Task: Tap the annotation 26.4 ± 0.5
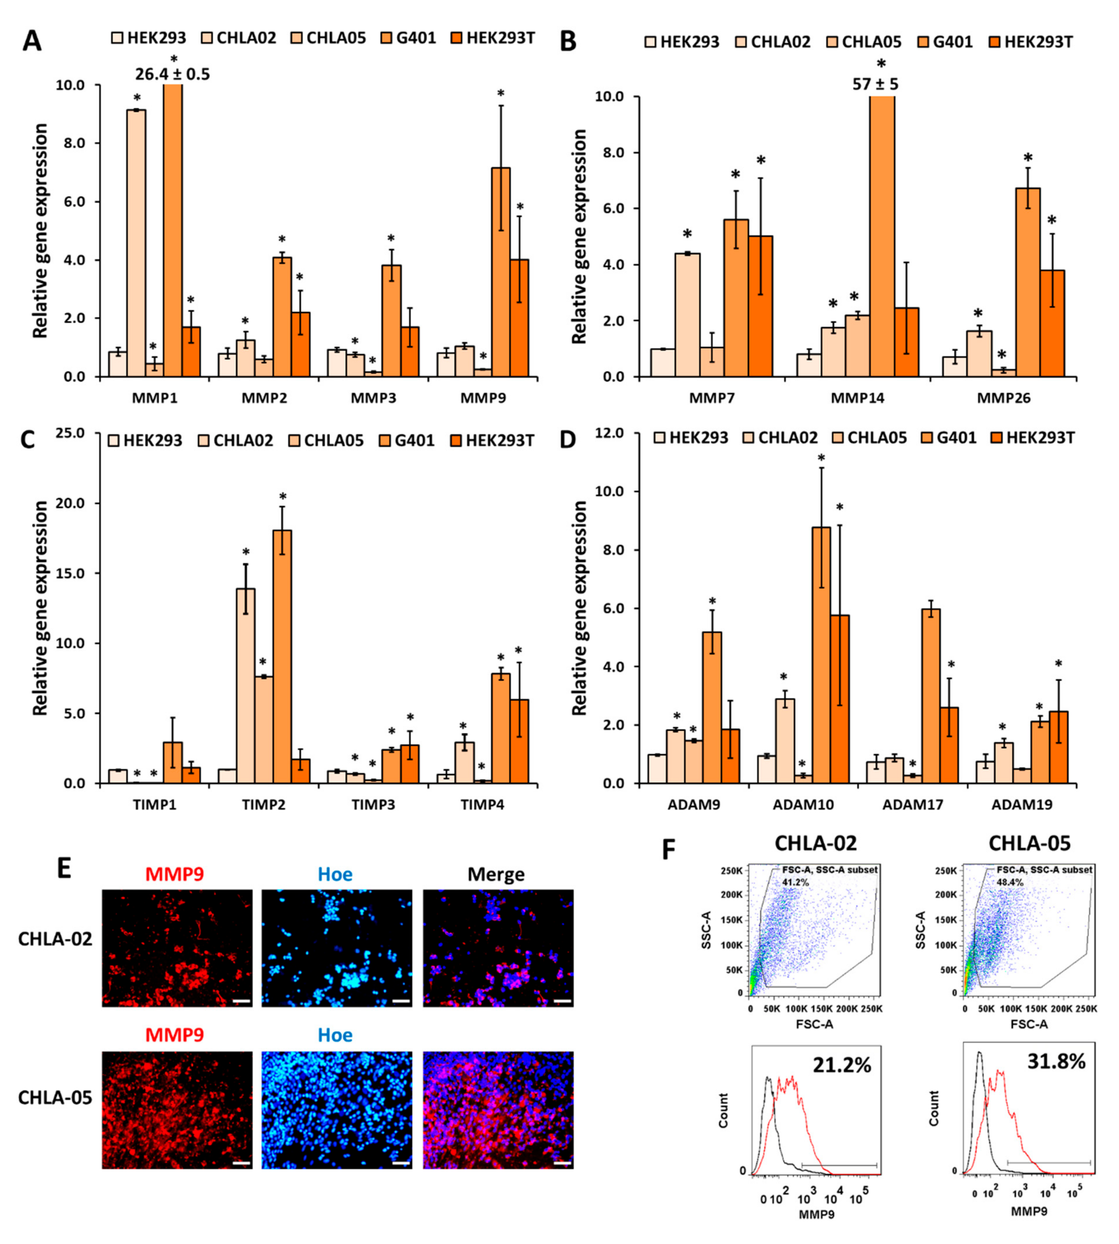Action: [x=173, y=74]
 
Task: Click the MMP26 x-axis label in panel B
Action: [x=1003, y=398]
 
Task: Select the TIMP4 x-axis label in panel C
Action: [x=483, y=805]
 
